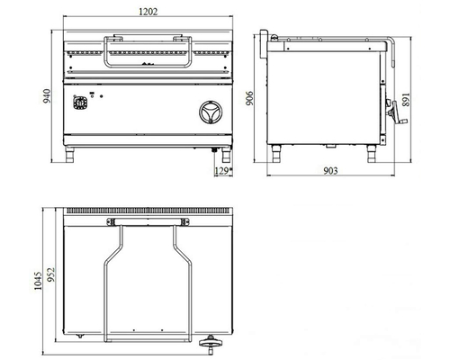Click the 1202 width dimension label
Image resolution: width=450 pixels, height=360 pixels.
[148, 12]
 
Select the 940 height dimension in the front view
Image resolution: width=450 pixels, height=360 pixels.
[47, 96]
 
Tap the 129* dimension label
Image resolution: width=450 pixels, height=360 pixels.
[223, 171]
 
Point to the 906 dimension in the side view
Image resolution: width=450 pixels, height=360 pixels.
[249, 98]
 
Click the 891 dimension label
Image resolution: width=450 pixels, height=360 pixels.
[406, 99]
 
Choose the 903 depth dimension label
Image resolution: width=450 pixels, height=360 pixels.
[330, 171]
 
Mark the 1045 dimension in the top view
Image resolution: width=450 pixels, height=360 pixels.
[38, 281]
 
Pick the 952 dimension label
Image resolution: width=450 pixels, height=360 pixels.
[51, 274]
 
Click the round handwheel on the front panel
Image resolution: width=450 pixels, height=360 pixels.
[211, 112]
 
